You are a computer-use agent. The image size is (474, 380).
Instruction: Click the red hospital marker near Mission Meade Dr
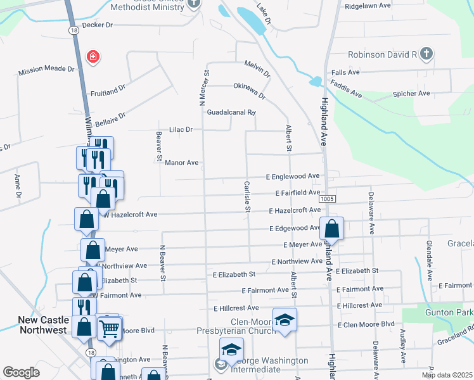pos(94,58)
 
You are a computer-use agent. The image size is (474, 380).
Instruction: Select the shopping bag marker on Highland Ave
pos(331,229)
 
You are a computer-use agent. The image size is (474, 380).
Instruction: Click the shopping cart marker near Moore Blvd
pos(109,329)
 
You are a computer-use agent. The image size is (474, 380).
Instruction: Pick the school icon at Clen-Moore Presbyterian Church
pos(285,319)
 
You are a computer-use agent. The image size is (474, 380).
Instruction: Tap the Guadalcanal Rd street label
pos(231,113)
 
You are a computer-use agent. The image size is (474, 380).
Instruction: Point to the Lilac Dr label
pos(181,129)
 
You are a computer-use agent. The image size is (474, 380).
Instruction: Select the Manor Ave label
pos(182,163)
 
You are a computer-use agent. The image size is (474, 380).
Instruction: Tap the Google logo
pos(22,372)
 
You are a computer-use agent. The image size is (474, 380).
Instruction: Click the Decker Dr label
pos(97,25)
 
